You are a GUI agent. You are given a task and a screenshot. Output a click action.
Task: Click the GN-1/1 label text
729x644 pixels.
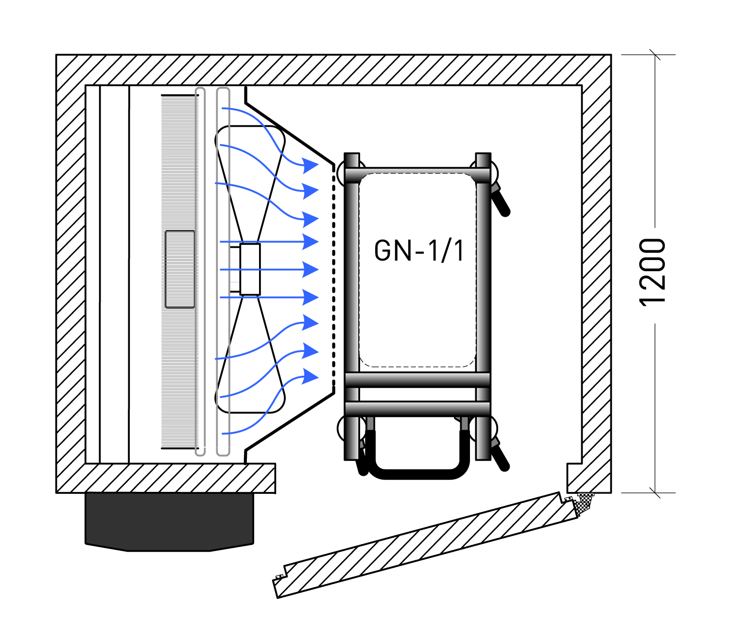tap(419, 251)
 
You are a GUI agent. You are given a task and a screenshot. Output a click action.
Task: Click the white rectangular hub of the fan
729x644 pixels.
tap(250, 269)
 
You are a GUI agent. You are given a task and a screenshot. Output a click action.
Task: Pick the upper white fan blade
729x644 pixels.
tap(250, 175)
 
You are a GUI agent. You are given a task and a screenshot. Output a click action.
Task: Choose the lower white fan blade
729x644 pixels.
tap(250, 365)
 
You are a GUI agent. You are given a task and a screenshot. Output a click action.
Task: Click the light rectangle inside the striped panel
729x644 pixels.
tap(180, 269)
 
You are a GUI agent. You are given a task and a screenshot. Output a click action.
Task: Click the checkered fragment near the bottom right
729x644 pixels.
tap(583, 503)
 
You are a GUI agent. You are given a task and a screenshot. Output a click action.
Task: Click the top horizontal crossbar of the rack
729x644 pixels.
tap(417, 175)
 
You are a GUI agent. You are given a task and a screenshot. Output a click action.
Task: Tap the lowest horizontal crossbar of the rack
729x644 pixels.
tap(417, 408)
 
